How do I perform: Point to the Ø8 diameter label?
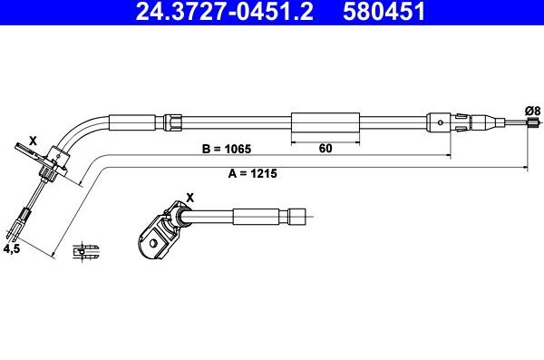point(532,111)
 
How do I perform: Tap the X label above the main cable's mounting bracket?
point(33,141)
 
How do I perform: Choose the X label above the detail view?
point(189,196)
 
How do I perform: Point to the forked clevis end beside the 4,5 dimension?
point(23,219)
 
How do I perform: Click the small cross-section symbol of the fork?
point(88,248)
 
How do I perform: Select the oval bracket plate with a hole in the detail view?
point(149,238)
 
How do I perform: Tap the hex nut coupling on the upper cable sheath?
point(179,122)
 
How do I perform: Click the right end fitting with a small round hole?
point(441,121)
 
